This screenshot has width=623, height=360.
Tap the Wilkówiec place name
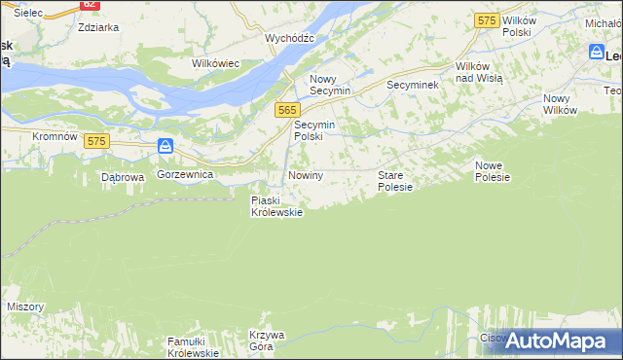(216, 63)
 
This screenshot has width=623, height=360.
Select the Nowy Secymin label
(329, 85)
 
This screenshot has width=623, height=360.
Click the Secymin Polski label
(314, 130)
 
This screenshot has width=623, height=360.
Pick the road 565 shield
(286, 111)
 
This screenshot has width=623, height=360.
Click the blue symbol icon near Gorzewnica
(166, 147)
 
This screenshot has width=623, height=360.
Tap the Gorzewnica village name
(185, 173)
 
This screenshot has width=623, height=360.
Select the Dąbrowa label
(123, 178)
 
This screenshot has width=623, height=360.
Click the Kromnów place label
(55, 137)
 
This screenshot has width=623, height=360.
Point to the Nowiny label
(305, 175)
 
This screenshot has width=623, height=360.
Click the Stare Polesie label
(395, 180)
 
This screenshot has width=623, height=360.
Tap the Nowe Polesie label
(493, 171)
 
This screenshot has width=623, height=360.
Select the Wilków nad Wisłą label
(479, 72)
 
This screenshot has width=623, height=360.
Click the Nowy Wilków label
(561, 104)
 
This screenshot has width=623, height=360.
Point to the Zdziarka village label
(98, 27)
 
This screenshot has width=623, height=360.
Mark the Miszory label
(25, 306)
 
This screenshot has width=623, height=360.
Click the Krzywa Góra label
(267, 341)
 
